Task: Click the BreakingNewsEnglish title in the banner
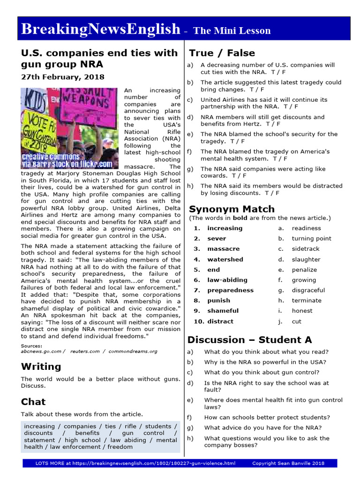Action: pyautogui.click(x=100, y=29)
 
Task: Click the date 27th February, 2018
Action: pyautogui.click(x=63, y=77)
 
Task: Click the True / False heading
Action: pyautogui.click(x=222, y=53)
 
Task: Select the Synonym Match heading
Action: pyautogui.click(x=232, y=209)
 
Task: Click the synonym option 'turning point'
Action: pyautogui.click(x=311, y=239)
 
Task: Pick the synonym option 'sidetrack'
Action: pyautogui.click(x=306, y=249)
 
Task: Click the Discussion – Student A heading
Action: pyautogui.click(x=249, y=340)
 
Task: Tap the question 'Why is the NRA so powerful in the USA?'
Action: pyautogui.click(x=265, y=362)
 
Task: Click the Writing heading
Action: pyautogui.click(x=41, y=367)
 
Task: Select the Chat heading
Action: pyautogui.click(x=33, y=402)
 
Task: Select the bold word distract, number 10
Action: pyautogui.click(x=220, y=321)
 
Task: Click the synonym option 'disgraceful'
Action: pyautogui.click(x=308, y=290)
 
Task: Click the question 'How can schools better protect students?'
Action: pyautogui.click(x=267, y=417)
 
